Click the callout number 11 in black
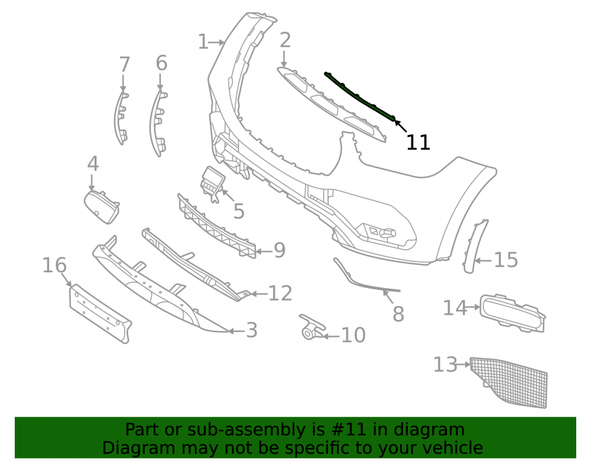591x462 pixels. tap(418, 143)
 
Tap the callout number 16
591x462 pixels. tap(54, 265)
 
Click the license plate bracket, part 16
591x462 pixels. tap(100, 314)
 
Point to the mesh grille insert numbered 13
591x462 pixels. tap(509, 382)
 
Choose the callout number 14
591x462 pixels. tap(455, 308)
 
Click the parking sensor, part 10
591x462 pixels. tap(311, 327)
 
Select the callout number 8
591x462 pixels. tap(398, 314)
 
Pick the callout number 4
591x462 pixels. tap(93, 164)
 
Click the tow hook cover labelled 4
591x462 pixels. tap(102, 207)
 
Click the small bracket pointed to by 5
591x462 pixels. tap(212, 183)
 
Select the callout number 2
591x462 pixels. tap(285, 40)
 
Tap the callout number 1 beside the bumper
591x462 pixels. tap(203, 42)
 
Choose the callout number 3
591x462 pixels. tap(252, 330)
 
